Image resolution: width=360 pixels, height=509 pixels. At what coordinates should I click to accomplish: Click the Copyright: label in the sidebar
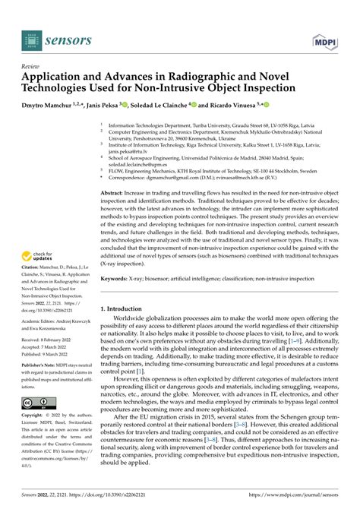pos(36,438)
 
